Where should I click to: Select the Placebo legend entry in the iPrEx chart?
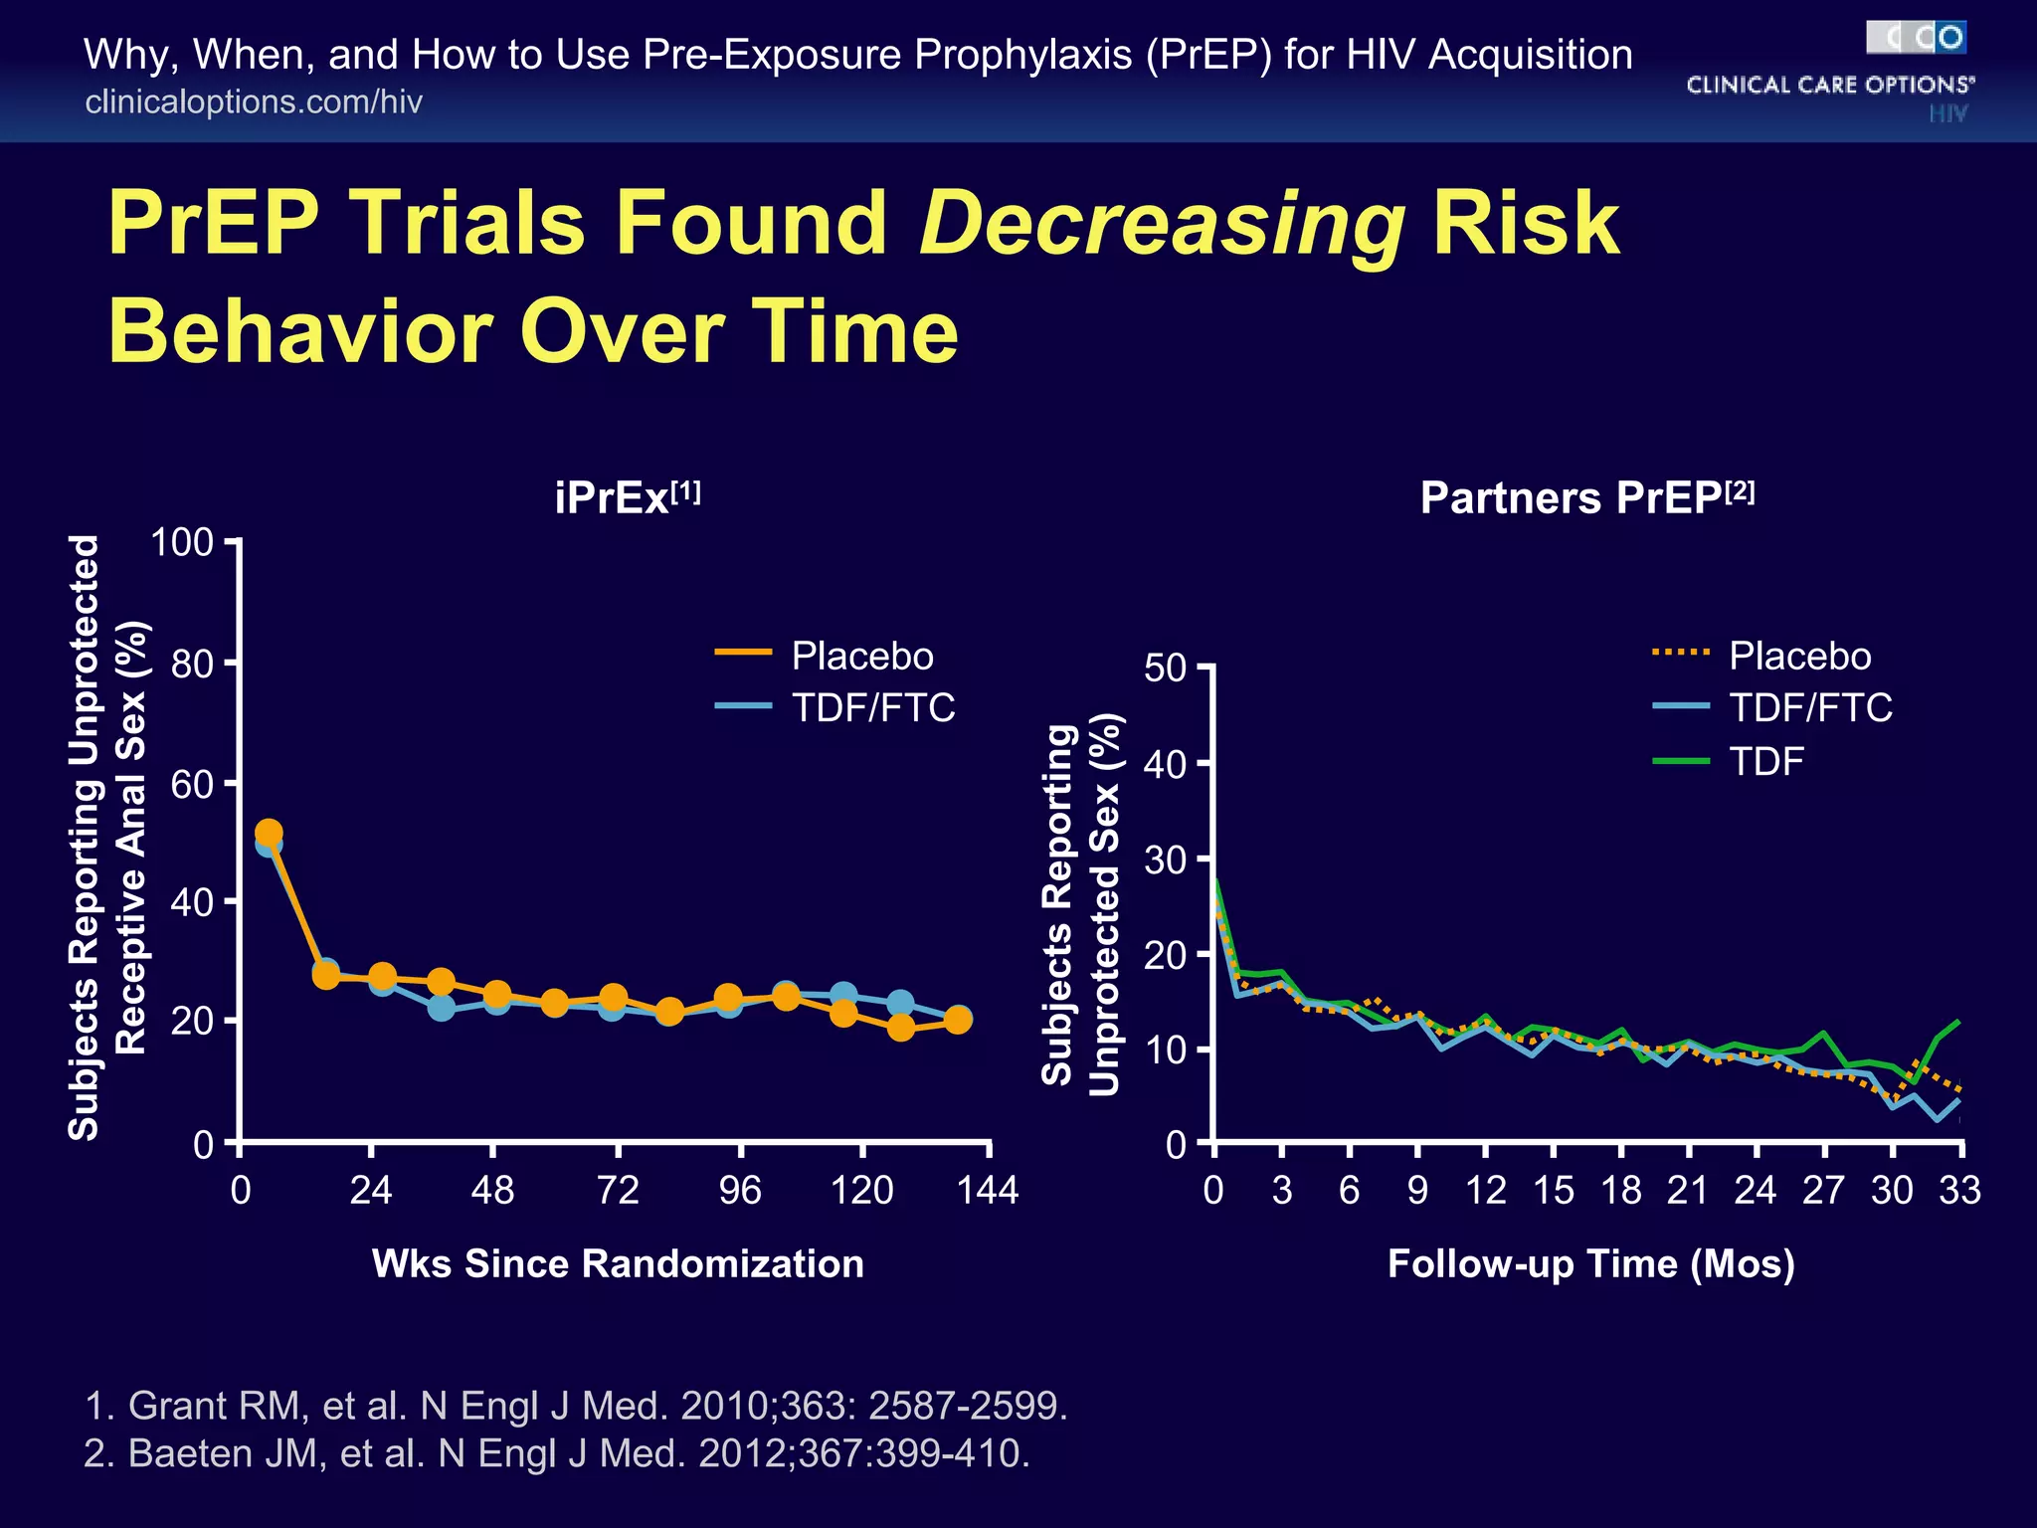tap(861, 657)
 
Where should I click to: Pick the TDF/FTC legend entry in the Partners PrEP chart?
tap(1810, 708)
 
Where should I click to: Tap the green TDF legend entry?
tap(1765, 762)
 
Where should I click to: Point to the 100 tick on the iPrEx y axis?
tap(182, 543)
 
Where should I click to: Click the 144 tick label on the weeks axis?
tap(987, 1191)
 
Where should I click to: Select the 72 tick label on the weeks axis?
tap(617, 1191)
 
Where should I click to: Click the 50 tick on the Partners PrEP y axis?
tap(1165, 668)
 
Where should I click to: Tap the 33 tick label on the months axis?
tap(1959, 1191)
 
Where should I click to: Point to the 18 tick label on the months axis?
tap(1621, 1191)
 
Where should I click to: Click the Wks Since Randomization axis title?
tap(618, 1263)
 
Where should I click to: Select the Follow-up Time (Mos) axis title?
tap(1590, 1263)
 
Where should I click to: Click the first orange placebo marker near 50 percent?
tap(269, 832)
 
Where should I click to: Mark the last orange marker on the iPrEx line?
tap(958, 1020)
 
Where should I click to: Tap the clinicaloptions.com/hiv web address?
tap(254, 102)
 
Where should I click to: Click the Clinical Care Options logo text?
tap(1829, 86)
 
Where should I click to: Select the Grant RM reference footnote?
tap(576, 1406)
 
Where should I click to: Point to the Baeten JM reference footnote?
tap(557, 1453)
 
